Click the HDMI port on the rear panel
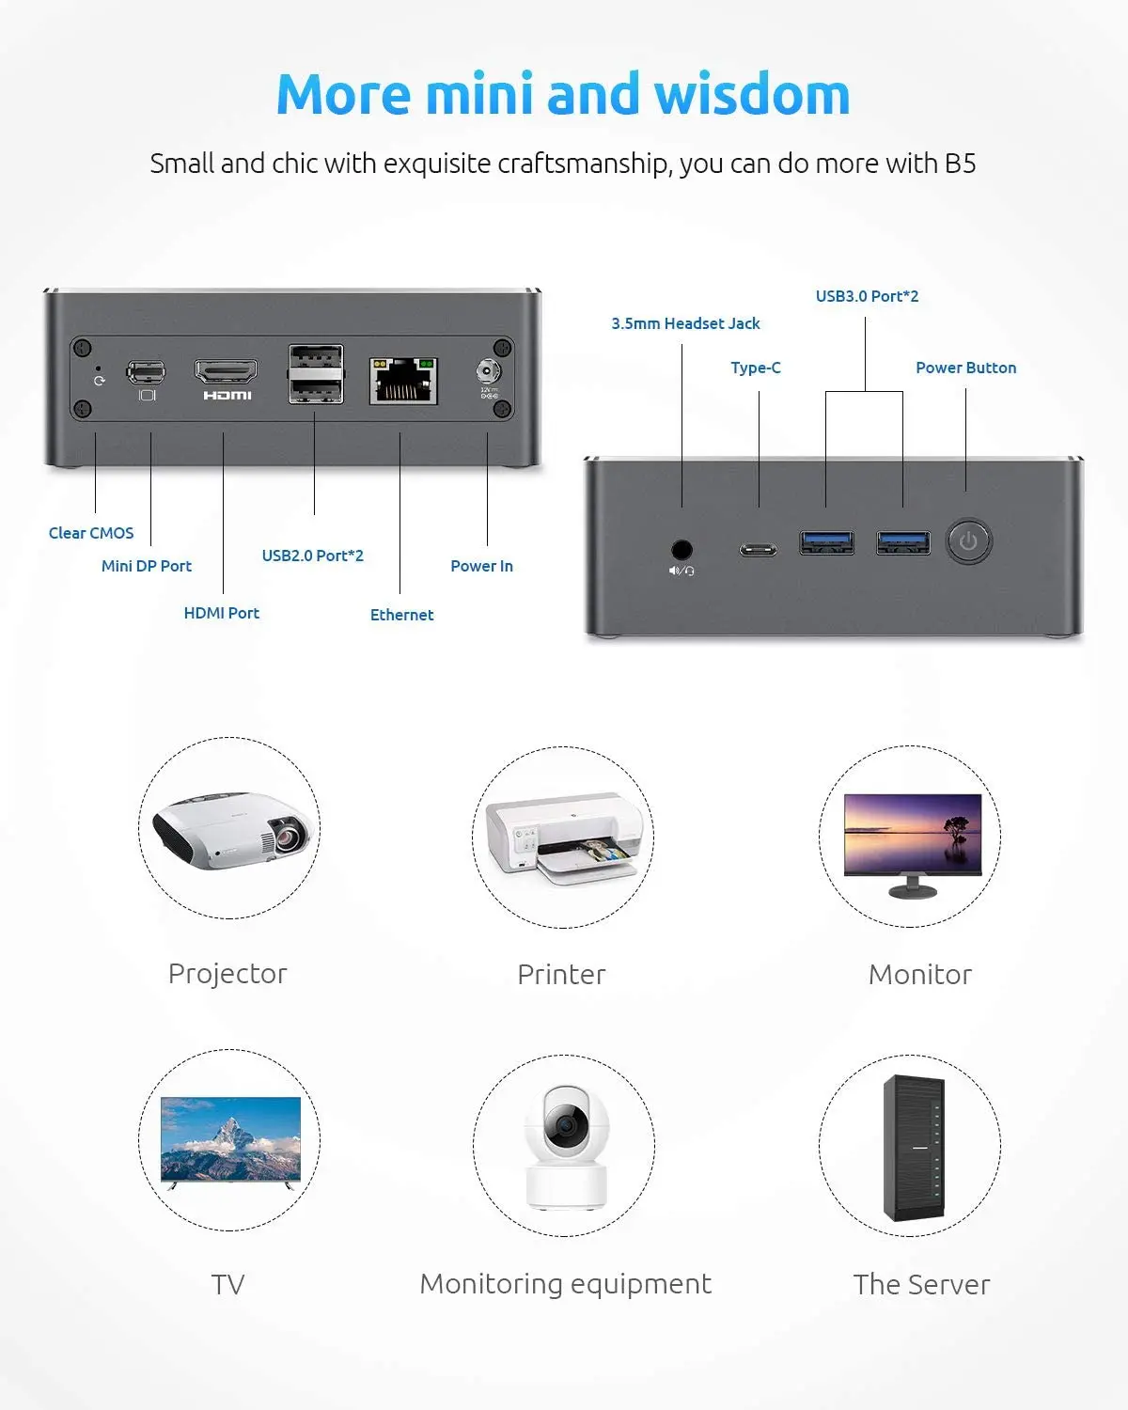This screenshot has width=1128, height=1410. click(x=226, y=371)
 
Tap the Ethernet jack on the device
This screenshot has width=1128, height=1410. click(x=403, y=379)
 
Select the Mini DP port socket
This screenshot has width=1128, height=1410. click(x=146, y=372)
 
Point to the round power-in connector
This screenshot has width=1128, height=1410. click(x=488, y=370)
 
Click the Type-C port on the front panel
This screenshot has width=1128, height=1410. click(x=758, y=550)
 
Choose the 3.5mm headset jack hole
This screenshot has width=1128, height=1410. click(x=681, y=549)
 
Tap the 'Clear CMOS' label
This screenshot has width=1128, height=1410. click(x=91, y=533)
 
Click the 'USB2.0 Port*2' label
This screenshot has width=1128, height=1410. click(x=312, y=556)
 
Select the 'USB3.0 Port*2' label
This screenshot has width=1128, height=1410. click(x=867, y=296)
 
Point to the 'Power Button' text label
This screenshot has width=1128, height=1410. click(x=965, y=368)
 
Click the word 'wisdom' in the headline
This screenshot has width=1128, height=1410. click(x=751, y=95)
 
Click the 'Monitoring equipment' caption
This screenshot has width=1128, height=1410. click(x=565, y=1284)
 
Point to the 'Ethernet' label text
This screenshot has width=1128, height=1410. click(x=401, y=615)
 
